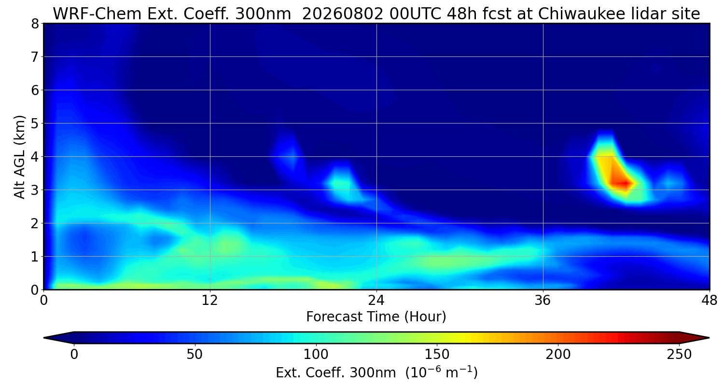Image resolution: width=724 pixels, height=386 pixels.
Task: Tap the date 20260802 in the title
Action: click(x=343, y=14)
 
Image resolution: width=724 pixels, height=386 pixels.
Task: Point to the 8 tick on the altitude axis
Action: click(x=35, y=24)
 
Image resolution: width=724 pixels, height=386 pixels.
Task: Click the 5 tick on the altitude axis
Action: click(x=35, y=124)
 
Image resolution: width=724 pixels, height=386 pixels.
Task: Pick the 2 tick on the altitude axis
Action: click(x=35, y=223)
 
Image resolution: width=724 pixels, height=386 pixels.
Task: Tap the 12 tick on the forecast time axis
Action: click(x=210, y=301)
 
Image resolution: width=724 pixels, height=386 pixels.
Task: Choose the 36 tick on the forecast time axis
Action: click(x=543, y=301)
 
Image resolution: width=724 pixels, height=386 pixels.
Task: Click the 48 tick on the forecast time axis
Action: click(x=710, y=301)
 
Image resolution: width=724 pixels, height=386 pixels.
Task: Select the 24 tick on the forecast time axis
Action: click(x=376, y=301)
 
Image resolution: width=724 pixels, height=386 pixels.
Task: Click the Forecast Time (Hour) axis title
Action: click(x=376, y=317)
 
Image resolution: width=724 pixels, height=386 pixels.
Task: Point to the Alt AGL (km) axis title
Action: click(x=19, y=157)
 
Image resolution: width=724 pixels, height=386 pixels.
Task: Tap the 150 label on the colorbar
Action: click(x=437, y=355)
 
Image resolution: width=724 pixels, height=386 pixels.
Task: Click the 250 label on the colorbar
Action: click(x=679, y=355)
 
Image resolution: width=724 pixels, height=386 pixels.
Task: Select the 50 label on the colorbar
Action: click(x=194, y=355)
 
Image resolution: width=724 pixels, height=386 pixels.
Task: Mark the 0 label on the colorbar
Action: click(x=74, y=355)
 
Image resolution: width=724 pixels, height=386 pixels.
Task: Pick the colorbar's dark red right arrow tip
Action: click(x=709, y=338)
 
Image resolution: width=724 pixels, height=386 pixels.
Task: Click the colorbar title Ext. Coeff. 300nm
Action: click(x=335, y=373)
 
